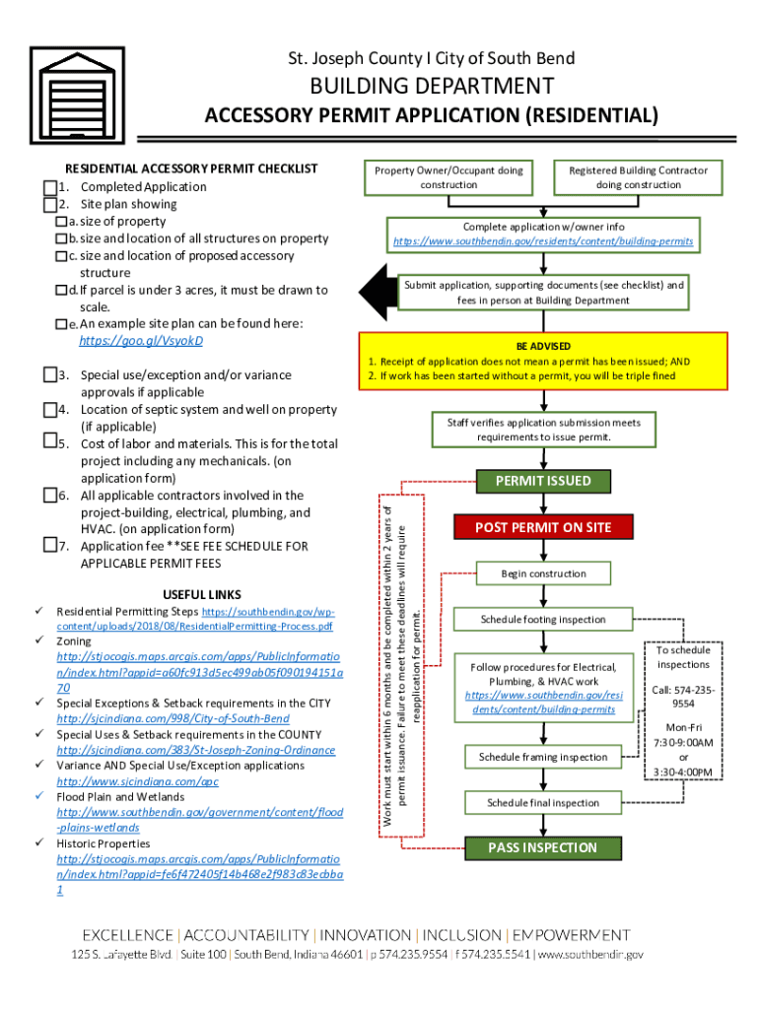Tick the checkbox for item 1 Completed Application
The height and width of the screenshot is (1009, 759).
[x=49, y=187]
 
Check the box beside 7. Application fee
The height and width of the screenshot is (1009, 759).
[x=49, y=546]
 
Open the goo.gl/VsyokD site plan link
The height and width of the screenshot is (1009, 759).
[x=141, y=341]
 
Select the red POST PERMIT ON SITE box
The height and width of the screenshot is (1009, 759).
[x=543, y=527]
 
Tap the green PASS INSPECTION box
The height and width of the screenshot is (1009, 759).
[x=543, y=847]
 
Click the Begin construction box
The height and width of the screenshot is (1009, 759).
[x=543, y=573]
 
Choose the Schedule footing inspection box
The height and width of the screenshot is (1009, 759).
[x=543, y=619]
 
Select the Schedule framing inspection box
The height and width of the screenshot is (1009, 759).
[x=543, y=757]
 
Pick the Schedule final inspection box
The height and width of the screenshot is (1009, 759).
[x=543, y=803]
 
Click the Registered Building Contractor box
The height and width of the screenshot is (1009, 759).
[x=638, y=177]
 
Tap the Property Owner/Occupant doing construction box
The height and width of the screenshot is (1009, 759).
[x=448, y=177]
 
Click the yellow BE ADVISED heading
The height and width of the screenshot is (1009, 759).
[x=543, y=347]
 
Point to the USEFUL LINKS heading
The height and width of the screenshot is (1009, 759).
[x=201, y=595]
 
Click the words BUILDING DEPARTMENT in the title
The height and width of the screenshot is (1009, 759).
[x=432, y=87]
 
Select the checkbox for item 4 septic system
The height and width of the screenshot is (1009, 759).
[x=49, y=410]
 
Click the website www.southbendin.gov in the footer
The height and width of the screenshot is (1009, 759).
[x=589, y=955]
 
